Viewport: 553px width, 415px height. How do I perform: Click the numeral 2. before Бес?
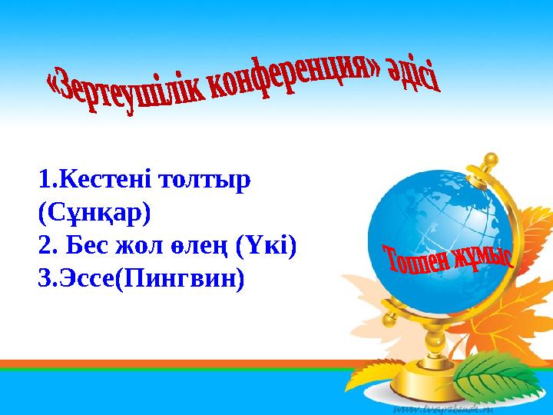(x=47, y=245)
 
